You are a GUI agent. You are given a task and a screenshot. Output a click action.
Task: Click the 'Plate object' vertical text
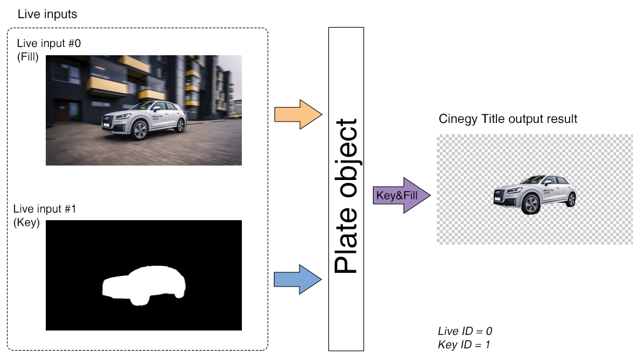tap(346, 196)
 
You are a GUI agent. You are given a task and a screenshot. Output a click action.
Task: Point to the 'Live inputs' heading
tap(48, 14)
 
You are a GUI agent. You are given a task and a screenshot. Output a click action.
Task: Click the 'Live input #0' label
tap(48, 43)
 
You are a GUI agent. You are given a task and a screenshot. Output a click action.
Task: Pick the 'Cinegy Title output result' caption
tap(508, 119)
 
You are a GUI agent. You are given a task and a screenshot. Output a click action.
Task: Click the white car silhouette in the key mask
tap(144, 284)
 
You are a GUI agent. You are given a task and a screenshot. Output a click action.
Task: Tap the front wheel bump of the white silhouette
tap(138, 300)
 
